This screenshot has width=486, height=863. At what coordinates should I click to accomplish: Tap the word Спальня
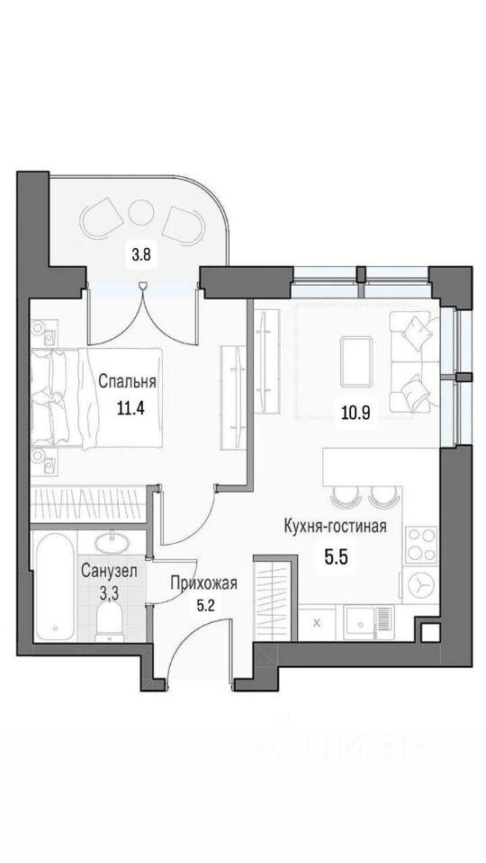pyautogui.click(x=127, y=381)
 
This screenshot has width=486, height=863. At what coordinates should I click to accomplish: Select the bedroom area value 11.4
pyautogui.click(x=130, y=409)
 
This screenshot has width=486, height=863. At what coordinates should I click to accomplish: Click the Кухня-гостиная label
pyautogui.click(x=335, y=526)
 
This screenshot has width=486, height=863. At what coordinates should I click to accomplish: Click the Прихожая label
pyautogui.click(x=204, y=583)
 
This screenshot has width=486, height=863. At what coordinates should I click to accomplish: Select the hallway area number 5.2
pyautogui.click(x=208, y=606)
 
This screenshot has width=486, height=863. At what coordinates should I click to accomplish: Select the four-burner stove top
pyautogui.click(x=421, y=545)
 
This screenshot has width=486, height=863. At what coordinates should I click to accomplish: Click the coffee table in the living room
pyautogui.click(x=356, y=361)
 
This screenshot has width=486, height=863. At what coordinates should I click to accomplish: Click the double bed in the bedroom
pyautogui.click(x=96, y=397)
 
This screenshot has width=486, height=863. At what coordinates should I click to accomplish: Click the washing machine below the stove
pyautogui.click(x=421, y=584)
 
